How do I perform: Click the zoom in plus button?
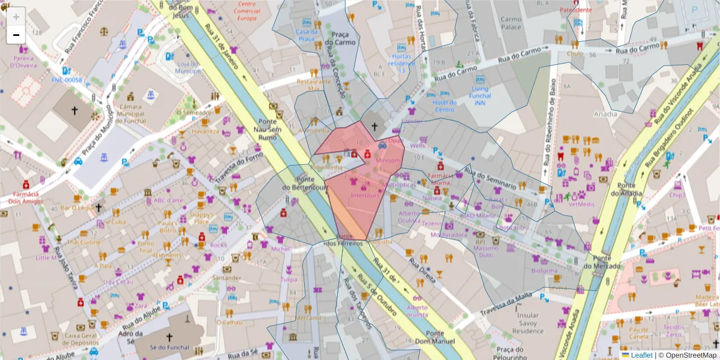coord(16,16)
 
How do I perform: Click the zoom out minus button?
coord(16,35)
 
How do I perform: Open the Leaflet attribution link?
coord(641,355)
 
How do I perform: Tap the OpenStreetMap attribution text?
coord(688,355)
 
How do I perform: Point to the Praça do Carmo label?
coord(337,39)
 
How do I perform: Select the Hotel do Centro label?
coord(445,106)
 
